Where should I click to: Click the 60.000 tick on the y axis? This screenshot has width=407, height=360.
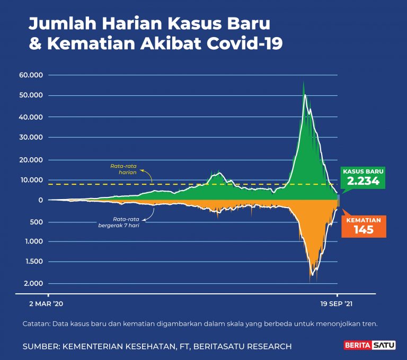click(x=30, y=75)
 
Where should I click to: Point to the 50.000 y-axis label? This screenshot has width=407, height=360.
click(x=30, y=96)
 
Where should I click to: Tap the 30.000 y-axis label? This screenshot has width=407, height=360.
click(x=30, y=138)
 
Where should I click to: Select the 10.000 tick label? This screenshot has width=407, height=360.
click(x=30, y=180)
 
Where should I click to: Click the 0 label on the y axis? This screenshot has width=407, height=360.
click(x=40, y=200)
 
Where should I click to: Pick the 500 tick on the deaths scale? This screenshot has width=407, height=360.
click(x=36, y=222)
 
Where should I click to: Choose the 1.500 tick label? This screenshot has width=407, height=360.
click(x=32, y=262)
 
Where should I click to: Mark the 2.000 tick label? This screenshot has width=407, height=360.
click(x=32, y=283)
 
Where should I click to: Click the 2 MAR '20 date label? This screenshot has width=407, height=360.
click(x=47, y=304)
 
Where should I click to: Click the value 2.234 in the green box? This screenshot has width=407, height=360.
click(x=363, y=181)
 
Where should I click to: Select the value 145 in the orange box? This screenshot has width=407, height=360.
click(x=364, y=229)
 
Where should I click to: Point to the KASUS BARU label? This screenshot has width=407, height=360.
click(x=363, y=172)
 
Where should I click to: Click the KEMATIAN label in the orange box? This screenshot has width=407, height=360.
click(x=364, y=219)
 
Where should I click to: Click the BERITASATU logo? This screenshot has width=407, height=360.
click(x=367, y=346)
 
